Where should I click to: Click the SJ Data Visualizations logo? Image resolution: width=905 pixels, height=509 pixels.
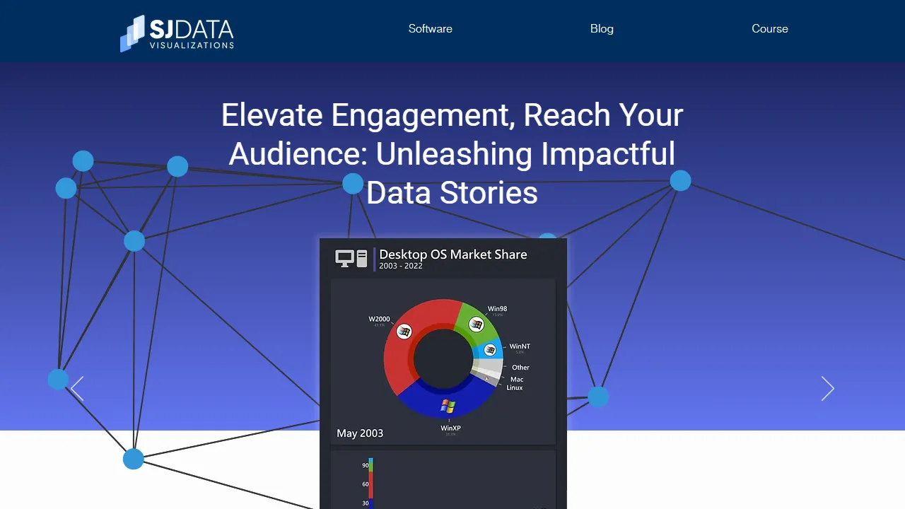click(177, 33)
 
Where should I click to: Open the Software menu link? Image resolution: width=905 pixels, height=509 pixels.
click(430, 29)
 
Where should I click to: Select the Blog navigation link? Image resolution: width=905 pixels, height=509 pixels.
click(602, 29)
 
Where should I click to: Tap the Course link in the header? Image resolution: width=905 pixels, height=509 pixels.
click(769, 29)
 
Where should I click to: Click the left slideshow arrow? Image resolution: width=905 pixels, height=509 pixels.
click(77, 389)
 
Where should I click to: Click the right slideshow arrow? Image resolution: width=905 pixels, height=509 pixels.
click(827, 389)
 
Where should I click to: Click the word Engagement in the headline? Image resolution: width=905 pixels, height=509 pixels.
click(423, 115)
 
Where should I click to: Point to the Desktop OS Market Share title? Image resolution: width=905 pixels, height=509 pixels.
click(452, 255)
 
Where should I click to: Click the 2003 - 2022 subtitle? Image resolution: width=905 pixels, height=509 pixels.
click(400, 267)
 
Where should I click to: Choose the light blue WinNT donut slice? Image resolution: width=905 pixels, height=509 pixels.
click(492, 349)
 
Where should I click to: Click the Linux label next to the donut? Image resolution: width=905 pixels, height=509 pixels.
click(515, 388)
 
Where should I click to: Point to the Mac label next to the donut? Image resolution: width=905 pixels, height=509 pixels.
click(517, 380)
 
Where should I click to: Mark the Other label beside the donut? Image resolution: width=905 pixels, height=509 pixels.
click(520, 368)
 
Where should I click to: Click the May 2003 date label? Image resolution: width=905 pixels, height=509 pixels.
click(360, 433)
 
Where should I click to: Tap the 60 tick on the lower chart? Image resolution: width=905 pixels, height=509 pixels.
click(366, 484)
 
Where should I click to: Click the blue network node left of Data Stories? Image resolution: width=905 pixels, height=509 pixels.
click(353, 184)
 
